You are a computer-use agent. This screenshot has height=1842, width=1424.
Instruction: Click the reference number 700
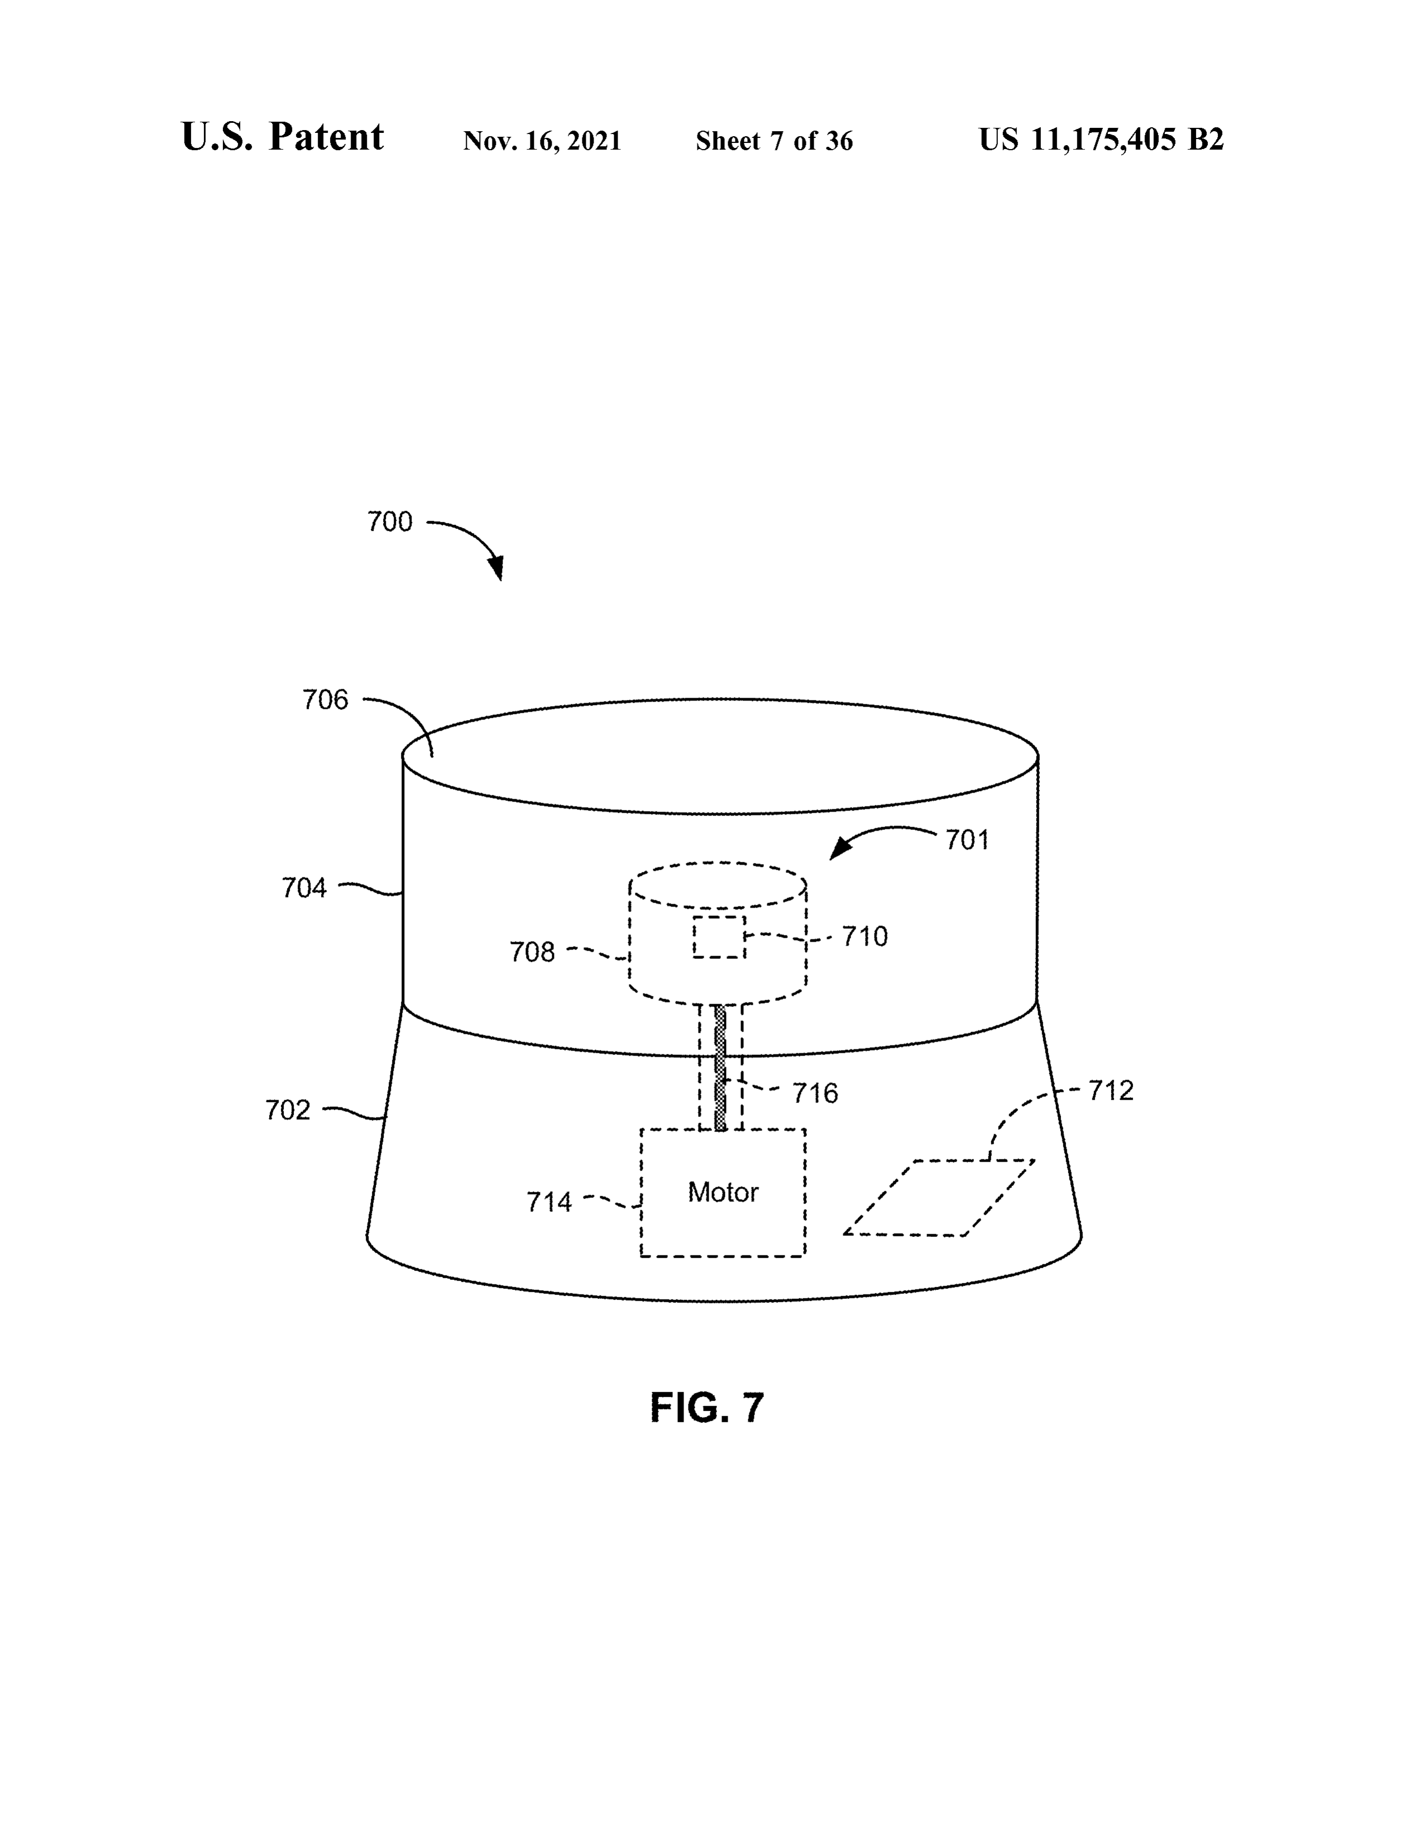[x=390, y=522]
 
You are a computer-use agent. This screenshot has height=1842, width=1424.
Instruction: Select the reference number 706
[x=326, y=700]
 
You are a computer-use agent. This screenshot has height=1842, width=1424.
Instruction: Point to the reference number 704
[x=304, y=888]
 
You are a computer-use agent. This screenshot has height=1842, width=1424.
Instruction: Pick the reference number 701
[x=967, y=840]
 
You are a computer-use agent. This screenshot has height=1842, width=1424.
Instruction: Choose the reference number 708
[x=532, y=952]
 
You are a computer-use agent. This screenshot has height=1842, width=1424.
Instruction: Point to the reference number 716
[x=815, y=1094]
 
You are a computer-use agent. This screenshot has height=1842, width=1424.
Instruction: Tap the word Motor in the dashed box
[x=723, y=1192]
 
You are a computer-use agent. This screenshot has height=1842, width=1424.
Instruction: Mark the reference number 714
[x=549, y=1202]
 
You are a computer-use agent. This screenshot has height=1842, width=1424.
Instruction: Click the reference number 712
[x=1111, y=1091]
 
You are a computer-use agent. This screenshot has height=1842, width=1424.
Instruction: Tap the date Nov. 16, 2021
[x=542, y=141]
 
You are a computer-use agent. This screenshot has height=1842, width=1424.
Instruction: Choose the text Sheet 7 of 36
[x=775, y=141]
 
